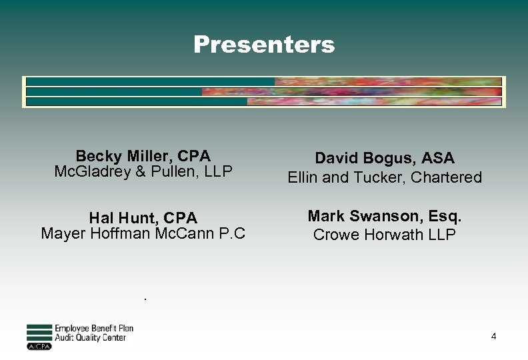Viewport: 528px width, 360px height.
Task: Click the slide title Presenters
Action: (x=264, y=45)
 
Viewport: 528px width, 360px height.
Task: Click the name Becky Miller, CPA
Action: (x=143, y=156)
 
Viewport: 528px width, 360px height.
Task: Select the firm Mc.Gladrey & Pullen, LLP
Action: (x=143, y=171)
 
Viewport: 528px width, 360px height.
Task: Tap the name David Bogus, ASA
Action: (x=385, y=159)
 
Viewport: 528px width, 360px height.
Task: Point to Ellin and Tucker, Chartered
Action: (x=385, y=177)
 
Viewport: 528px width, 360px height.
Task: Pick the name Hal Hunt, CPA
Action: (x=143, y=218)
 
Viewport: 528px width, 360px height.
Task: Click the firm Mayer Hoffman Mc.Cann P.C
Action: (x=143, y=233)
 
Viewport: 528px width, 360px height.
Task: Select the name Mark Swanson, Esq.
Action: (x=385, y=217)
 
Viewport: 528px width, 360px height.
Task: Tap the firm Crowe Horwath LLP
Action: (x=385, y=235)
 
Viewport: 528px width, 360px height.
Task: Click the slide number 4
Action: (x=493, y=337)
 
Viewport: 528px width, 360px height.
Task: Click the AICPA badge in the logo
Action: (x=39, y=347)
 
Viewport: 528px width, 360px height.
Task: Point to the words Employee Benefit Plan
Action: (x=94, y=329)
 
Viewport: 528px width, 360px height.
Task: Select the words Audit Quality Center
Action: (x=90, y=338)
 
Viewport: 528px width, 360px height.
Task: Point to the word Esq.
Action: (x=446, y=217)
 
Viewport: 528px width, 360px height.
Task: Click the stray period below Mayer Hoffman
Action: (x=144, y=298)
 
